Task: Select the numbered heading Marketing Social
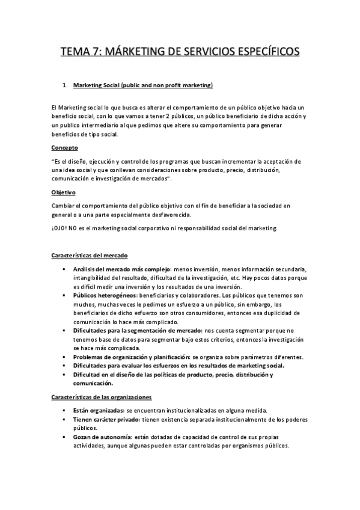tap(143, 86)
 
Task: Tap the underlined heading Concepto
tap(64, 148)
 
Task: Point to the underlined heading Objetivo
tap(64, 192)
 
